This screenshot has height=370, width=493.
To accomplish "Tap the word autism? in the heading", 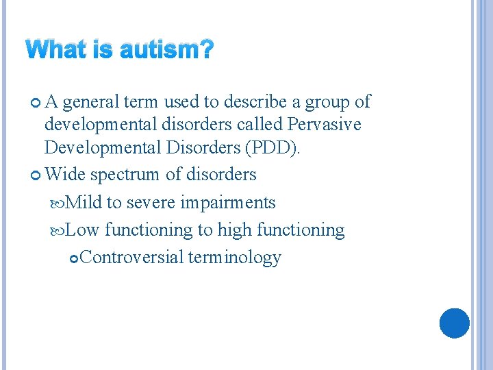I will coord(167,50).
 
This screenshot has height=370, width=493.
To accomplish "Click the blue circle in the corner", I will coord(454,323).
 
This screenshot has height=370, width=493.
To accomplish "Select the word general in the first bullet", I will coord(92,102).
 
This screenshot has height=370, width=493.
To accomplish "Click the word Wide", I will coord(65,175).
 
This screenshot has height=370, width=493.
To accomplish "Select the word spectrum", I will coord(125,175).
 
